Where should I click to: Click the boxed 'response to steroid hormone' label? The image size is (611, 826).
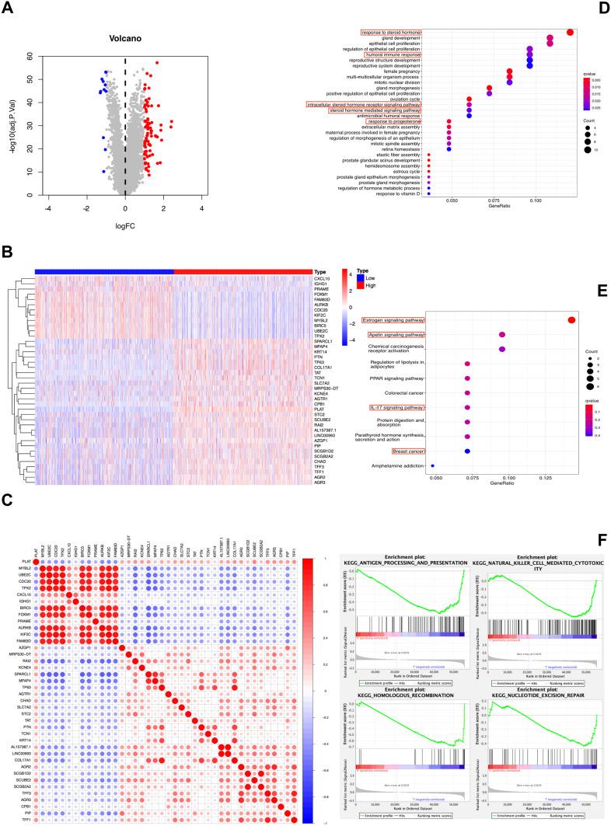click(391, 32)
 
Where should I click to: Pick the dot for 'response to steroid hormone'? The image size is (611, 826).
click(571, 32)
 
